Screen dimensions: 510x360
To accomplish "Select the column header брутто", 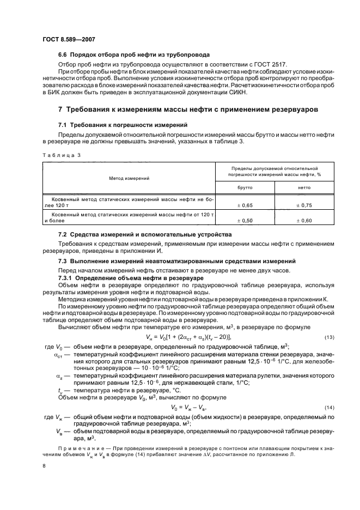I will pos(245,187).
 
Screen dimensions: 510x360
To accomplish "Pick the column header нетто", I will pos(303,187).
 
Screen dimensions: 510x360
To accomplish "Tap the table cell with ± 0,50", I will pos(245,220).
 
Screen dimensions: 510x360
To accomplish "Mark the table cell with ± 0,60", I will pos(303,220).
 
